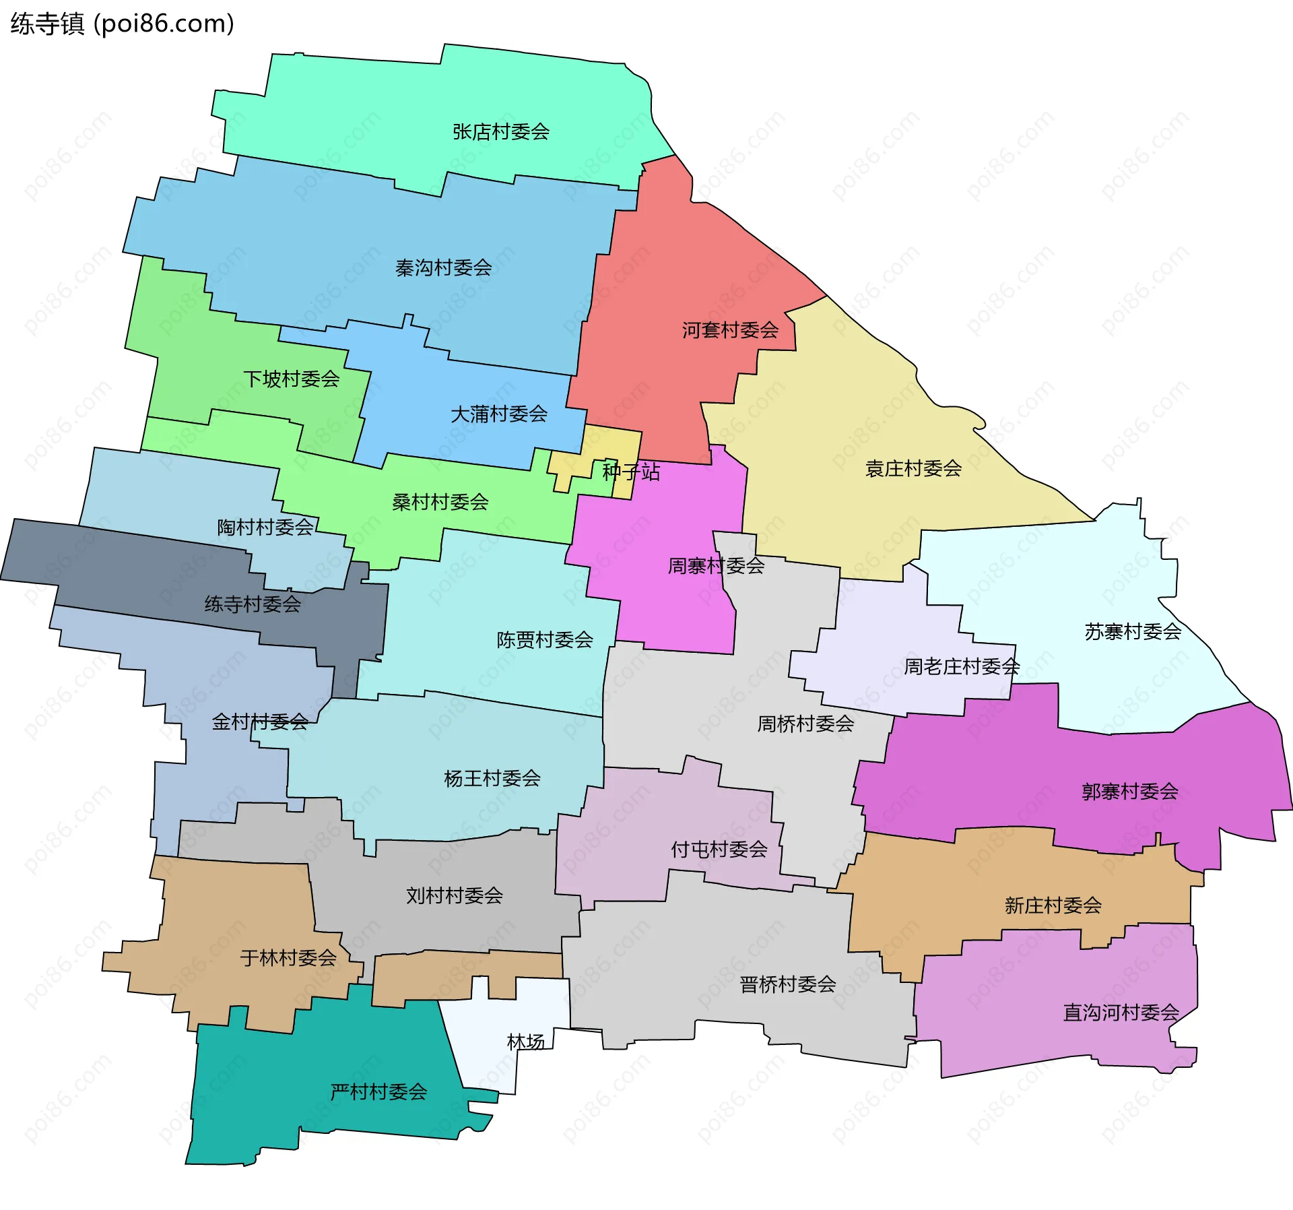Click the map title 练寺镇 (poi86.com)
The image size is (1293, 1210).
click(x=122, y=24)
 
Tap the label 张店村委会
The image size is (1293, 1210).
click(x=501, y=132)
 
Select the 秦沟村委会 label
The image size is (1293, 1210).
click(x=443, y=268)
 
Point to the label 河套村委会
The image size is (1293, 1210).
click(x=730, y=330)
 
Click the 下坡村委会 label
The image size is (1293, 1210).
click(x=291, y=379)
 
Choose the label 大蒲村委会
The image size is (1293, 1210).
click(x=498, y=414)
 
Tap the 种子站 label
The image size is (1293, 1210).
click(x=631, y=472)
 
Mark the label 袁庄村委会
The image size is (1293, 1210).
click(x=913, y=469)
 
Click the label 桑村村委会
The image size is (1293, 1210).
click(x=440, y=502)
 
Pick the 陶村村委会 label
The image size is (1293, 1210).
click(x=265, y=528)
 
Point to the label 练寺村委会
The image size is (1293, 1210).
click(x=253, y=604)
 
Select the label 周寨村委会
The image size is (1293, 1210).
click(x=716, y=566)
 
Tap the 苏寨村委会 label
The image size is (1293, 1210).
click(x=1133, y=632)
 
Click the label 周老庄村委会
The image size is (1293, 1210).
click(x=962, y=667)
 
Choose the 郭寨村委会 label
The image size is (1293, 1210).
click(x=1130, y=792)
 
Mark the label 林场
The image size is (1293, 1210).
click(x=525, y=1042)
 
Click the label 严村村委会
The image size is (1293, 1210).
click(x=378, y=1092)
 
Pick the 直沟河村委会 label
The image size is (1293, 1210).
click(x=1121, y=1013)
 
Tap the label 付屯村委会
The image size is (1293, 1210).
click(x=719, y=850)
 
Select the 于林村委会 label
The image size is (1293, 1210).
click(x=288, y=958)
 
